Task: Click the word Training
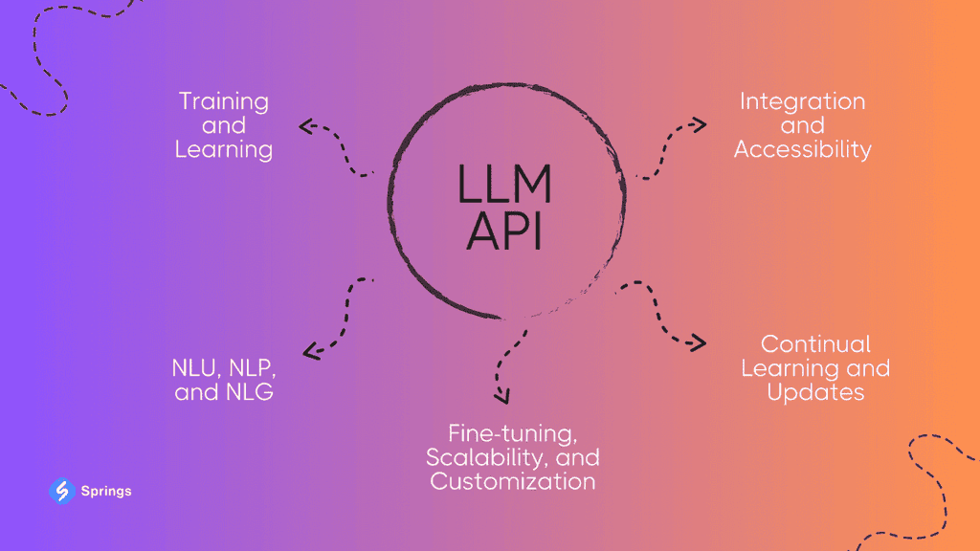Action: click(224, 101)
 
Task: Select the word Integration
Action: click(802, 101)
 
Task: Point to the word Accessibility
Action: click(802, 150)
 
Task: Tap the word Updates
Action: click(815, 392)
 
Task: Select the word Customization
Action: click(512, 480)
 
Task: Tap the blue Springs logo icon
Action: click(61, 491)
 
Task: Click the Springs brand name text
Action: click(106, 492)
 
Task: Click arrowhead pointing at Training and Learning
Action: click(305, 125)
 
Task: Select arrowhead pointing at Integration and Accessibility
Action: click(700, 124)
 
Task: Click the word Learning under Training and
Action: click(224, 150)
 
